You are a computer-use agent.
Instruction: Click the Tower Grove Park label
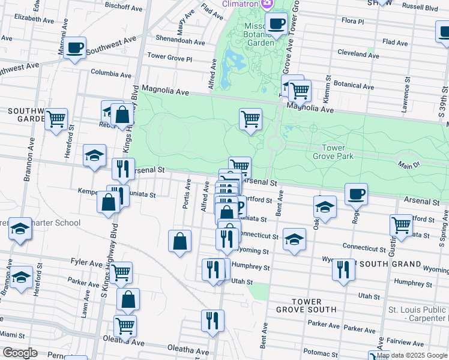point(333,152)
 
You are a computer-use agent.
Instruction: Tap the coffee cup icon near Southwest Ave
point(74,48)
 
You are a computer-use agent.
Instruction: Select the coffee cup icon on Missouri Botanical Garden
point(276,25)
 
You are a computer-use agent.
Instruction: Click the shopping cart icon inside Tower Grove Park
point(250,118)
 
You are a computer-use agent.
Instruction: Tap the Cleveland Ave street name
point(358,54)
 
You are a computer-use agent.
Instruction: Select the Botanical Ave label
point(354,85)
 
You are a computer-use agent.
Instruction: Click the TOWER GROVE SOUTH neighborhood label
point(306,305)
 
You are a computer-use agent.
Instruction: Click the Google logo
point(20,352)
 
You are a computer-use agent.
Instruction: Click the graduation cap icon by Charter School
point(20,229)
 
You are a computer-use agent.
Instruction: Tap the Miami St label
point(13,334)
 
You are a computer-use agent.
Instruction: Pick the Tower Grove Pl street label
point(170,59)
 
